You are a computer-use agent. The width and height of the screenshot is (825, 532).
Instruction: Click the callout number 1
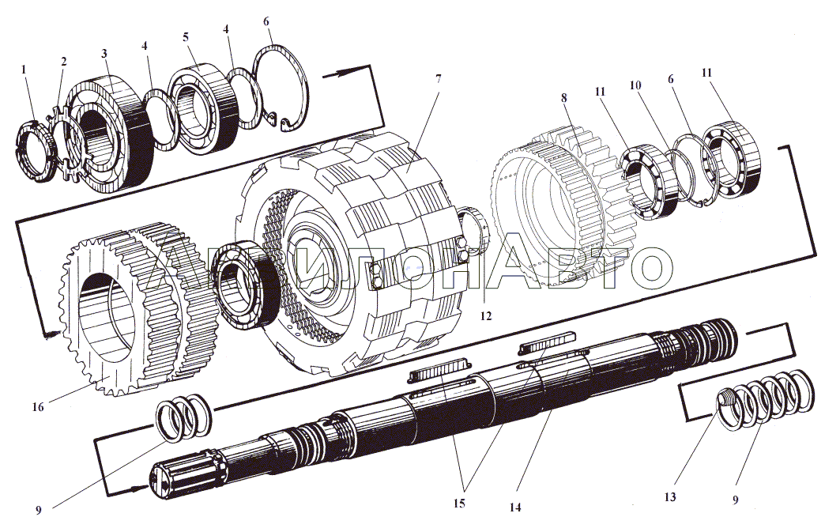point(24,70)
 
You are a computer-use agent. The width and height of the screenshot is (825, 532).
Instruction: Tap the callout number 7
point(438,79)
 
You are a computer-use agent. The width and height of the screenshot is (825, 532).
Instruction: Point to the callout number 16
point(38,407)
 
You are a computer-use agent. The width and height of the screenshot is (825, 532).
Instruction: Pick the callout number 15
point(458,504)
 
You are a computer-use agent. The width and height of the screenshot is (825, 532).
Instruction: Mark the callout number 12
point(485,316)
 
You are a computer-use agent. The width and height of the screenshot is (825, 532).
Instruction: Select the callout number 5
point(185,37)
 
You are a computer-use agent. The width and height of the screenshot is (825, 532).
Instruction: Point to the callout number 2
point(64,61)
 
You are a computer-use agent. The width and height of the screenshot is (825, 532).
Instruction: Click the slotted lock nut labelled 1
point(35,149)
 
